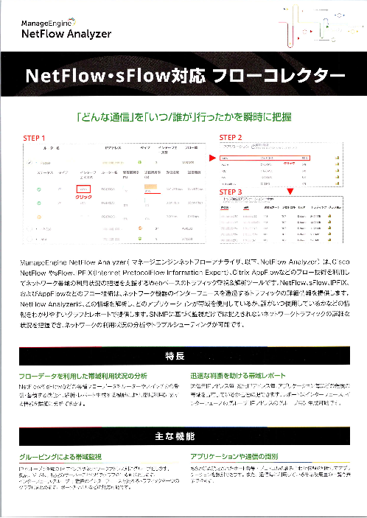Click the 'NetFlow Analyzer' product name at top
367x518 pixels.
click(66, 34)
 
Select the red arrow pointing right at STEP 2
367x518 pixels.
click(211, 157)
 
